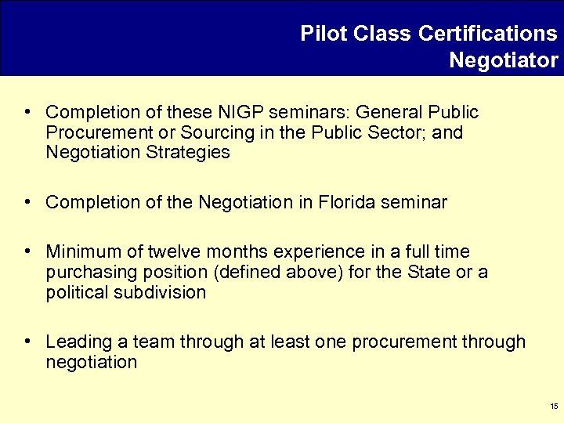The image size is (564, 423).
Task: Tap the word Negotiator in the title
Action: pyautogui.click(x=504, y=60)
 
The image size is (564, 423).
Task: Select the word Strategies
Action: pyautogui.click(x=187, y=152)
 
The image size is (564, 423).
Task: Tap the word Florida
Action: pyautogui.click(x=346, y=202)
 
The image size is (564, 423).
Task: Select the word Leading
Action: pyautogui.click(x=76, y=342)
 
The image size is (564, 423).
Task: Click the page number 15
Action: pyautogui.click(x=553, y=407)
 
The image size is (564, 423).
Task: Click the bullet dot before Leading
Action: pyautogui.click(x=27, y=342)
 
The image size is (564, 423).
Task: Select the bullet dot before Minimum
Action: pyautogui.click(x=27, y=251)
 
